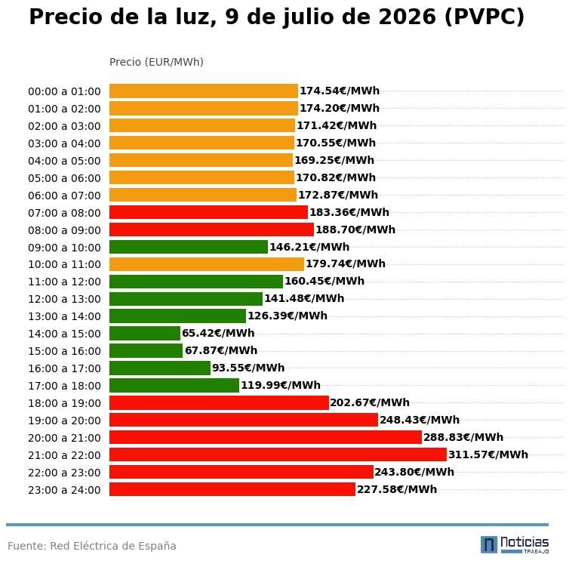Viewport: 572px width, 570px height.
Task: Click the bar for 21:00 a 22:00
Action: [x=278, y=454]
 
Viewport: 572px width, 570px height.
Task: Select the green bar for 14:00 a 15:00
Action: [x=145, y=333]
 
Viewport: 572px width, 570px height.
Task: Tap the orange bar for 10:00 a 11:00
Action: [x=207, y=263]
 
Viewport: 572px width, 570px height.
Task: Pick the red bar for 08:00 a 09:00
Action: [x=211, y=230]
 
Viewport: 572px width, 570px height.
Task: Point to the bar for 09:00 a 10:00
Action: [x=189, y=247]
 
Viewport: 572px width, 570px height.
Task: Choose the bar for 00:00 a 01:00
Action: [x=204, y=91]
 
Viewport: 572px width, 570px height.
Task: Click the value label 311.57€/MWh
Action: [x=488, y=454]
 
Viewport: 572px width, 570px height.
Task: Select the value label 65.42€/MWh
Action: [x=218, y=333]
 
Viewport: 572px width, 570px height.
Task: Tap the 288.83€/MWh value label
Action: [x=463, y=437]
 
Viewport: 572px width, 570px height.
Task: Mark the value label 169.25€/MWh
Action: [x=334, y=160]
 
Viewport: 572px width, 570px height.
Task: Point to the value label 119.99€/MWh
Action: [x=281, y=385]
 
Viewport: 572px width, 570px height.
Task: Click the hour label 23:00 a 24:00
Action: [x=64, y=490]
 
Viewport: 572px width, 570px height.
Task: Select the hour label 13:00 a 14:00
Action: [x=64, y=316]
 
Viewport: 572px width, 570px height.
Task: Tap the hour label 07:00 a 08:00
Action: [x=64, y=213]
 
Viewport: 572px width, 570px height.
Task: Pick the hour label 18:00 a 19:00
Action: [x=64, y=403]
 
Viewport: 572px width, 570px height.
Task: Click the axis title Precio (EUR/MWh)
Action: [x=156, y=62]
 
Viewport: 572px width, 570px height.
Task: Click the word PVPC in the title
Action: [x=484, y=17]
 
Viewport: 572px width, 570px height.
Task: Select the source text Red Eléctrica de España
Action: [x=113, y=546]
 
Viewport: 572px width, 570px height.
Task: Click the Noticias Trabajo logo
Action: [x=515, y=544]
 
